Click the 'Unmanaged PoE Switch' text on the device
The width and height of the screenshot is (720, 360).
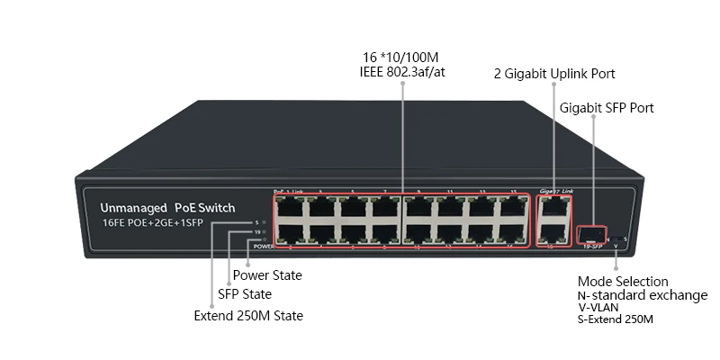coord(167,208)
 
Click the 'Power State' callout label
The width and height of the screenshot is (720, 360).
coord(267,275)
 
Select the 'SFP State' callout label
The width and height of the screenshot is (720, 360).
coord(245,294)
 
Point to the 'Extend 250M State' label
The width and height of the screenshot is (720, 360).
coord(248,316)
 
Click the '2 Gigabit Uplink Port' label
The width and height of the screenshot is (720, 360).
coord(555,74)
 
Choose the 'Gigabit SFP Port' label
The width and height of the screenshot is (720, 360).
coord(607,108)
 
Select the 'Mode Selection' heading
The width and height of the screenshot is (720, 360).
coord(623,282)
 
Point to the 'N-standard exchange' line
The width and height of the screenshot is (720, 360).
coord(642,295)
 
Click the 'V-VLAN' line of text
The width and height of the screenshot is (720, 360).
coord(598,308)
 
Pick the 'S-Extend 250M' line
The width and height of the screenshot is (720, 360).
coord(615,319)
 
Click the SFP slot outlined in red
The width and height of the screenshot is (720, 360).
coord(591,235)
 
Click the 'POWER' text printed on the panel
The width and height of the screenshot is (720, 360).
coord(264,246)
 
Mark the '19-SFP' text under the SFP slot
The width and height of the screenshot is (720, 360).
coord(591,246)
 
